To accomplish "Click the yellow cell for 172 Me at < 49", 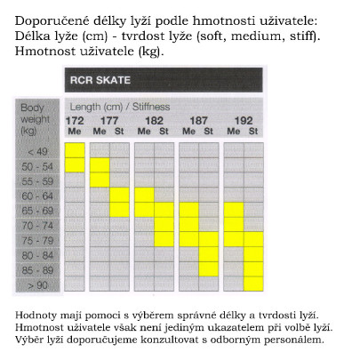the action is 75,150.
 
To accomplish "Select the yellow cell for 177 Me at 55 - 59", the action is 98,180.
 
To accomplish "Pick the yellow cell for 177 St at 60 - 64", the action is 120,195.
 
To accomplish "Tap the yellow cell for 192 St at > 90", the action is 254,284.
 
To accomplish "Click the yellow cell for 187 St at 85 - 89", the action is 209,269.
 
